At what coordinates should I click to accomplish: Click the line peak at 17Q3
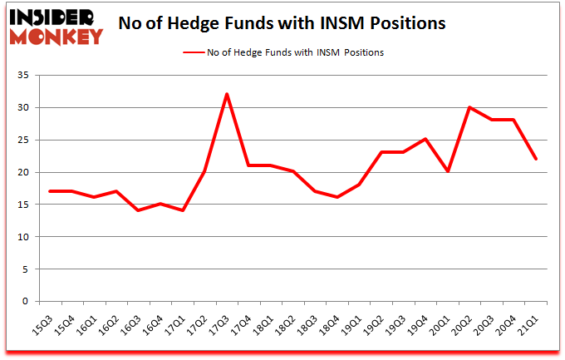coord(227,94)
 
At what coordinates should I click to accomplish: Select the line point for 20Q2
coord(470,107)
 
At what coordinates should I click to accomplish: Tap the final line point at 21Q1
coord(535,159)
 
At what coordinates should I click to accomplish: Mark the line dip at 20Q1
coord(449,171)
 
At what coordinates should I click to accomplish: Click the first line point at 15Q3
coord(52,191)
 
